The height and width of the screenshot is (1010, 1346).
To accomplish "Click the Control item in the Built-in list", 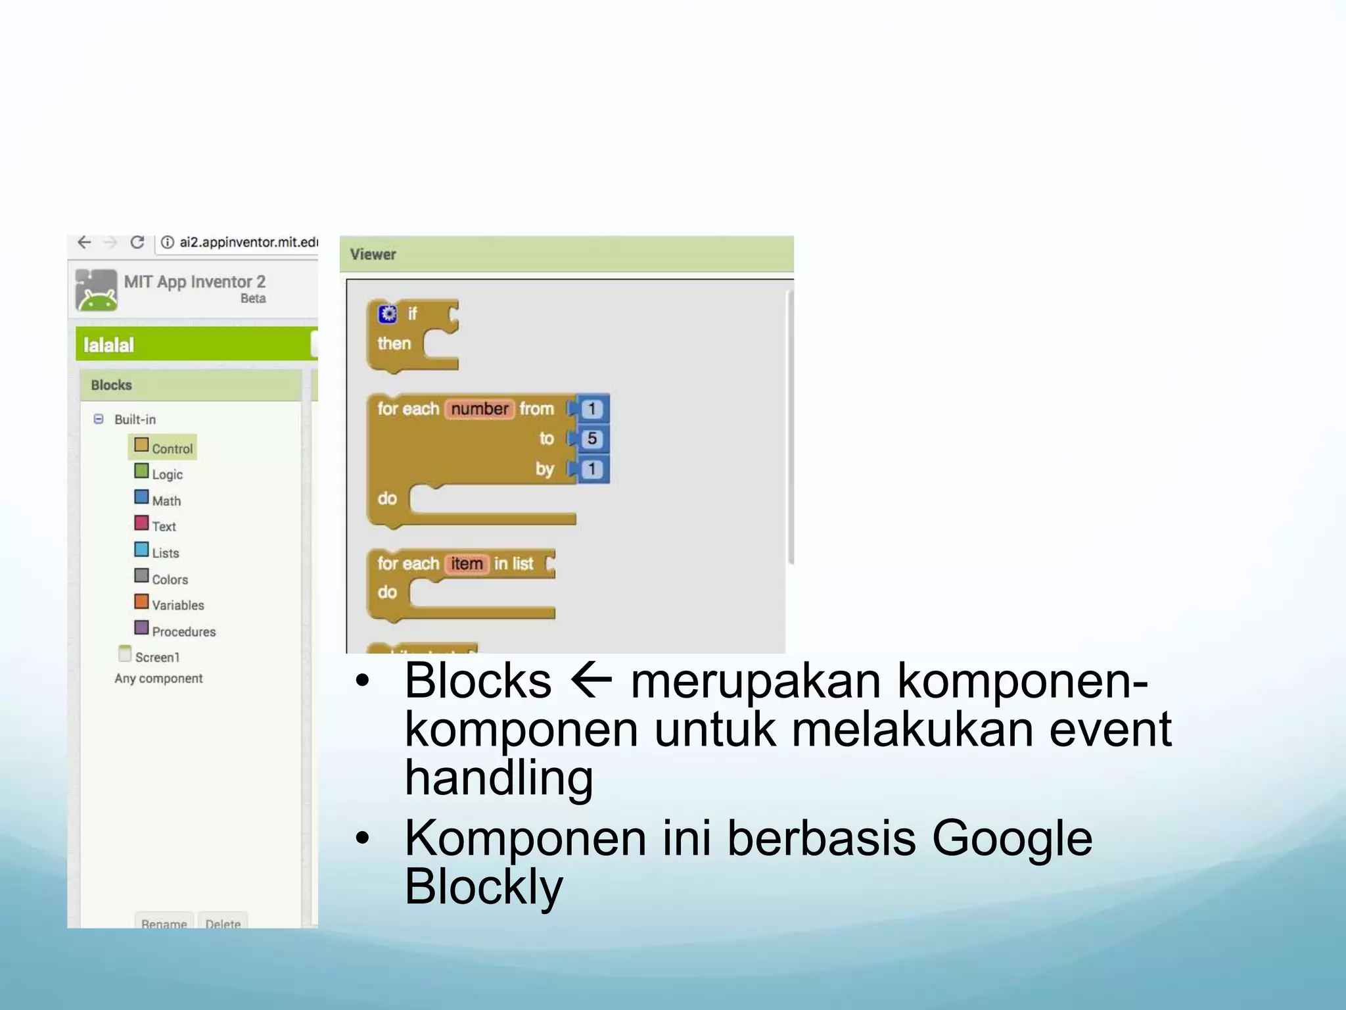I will (x=172, y=448).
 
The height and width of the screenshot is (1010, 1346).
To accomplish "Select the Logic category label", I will (x=167, y=474).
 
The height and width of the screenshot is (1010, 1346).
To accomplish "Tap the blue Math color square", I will (x=141, y=497).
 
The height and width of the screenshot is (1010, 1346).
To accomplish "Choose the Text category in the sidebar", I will (x=164, y=526).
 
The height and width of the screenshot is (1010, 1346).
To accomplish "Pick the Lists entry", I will (x=165, y=553).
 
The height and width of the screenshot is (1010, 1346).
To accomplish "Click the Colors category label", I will (x=170, y=579).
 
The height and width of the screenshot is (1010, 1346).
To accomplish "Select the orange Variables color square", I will (x=141, y=602).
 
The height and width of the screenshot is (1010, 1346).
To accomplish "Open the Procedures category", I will (x=183, y=631).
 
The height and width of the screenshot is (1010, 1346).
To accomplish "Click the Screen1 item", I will (x=157, y=657).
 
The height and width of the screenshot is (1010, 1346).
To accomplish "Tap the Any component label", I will (x=158, y=678).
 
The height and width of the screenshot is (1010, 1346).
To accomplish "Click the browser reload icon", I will (x=137, y=243).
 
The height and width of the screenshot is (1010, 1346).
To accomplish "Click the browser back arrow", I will (x=84, y=243).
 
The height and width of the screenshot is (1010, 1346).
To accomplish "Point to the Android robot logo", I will (x=96, y=291).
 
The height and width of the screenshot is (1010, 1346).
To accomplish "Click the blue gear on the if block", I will (x=388, y=314).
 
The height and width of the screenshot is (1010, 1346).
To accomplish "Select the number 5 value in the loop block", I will (x=592, y=439).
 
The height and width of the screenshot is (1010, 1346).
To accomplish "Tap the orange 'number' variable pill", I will (x=480, y=409).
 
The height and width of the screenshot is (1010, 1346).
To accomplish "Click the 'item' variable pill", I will (x=467, y=564).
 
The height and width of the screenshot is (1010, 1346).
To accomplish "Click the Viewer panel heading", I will (x=373, y=254).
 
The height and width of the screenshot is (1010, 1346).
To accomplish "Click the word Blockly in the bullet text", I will (x=484, y=886).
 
